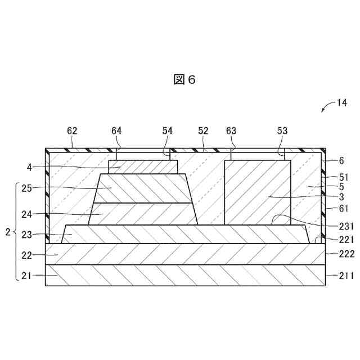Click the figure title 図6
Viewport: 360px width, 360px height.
pyautogui.click(x=184, y=80)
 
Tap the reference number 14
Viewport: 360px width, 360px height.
pyautogui.click(x=342, y=102)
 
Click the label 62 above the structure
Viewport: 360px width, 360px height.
pyautogui.click(x=73, y=130)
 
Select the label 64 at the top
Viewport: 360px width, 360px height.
pyautogui.click(x=116, y=130)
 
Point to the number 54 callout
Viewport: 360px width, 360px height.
pyautogui.click(x=168, y=130)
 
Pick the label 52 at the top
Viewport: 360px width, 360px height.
pyautogui.click(x=203, y=130)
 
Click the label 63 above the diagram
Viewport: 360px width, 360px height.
pyautogui.click(x=231, y=130)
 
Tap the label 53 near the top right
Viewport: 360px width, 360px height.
pyautogui.click(x=282, y=130)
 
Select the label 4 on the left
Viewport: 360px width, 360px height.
pyautogui.click(x=29, y=166)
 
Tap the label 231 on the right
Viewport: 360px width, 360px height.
pyautogui.click(x=345, y=227)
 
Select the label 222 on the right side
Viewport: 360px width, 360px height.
pyautogui.click(x=345, y=254)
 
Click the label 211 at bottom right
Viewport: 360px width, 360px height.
pyautogui.click(x=345, y=275)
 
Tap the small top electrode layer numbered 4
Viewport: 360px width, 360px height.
pyautogui.click(x=143, y=167)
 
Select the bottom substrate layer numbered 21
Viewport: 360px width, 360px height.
pyautogui.click(x=185, y=276)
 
